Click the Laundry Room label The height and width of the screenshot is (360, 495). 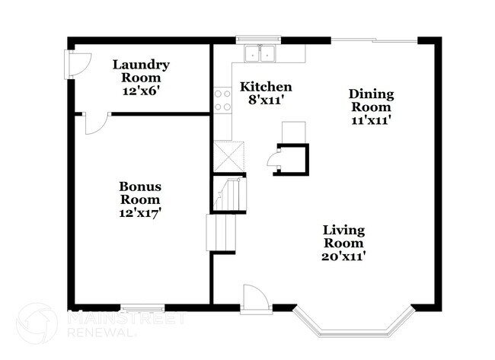click(141, 71)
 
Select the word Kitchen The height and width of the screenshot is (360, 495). click(266, 86)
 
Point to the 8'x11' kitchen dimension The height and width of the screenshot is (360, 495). click(266, 99)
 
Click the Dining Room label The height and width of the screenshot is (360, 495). click(371, 100)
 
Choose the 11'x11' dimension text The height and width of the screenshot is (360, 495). click(371, 119)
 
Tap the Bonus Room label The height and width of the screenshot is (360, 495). click(139, 193)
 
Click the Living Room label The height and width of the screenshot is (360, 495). click(343, 236)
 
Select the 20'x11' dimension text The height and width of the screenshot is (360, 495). click(343, 256)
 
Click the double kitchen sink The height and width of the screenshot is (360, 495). click(260, 53)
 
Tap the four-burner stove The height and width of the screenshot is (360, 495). click(223, 100)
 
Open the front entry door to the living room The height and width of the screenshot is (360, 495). click(254, 298)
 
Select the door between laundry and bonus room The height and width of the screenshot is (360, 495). click(96, 123)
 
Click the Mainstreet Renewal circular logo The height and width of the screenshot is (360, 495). click(36, 322)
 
